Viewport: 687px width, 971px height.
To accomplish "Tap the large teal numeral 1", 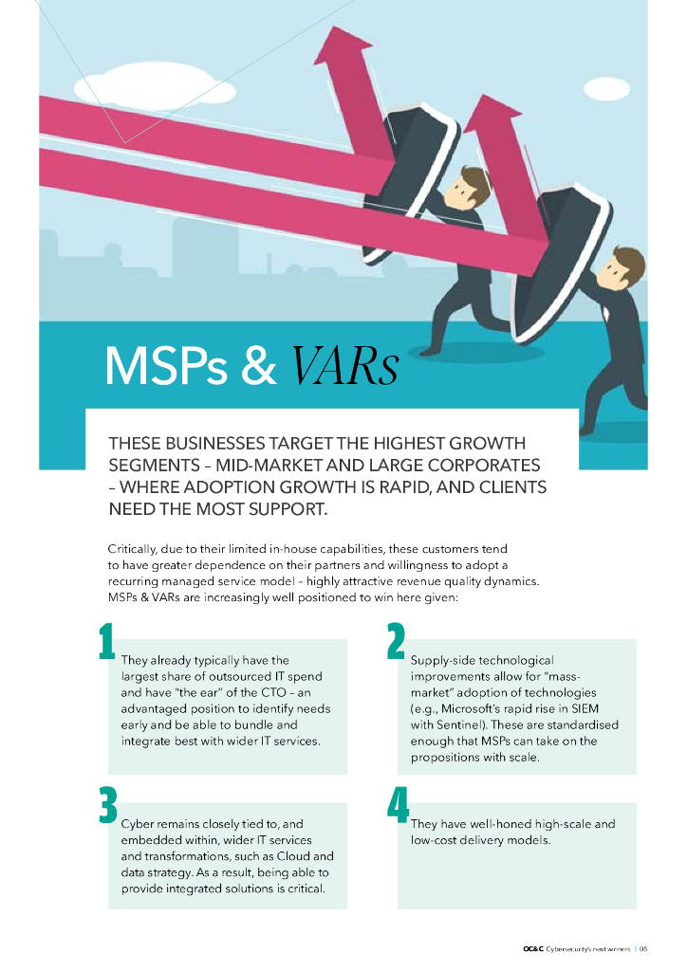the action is coord(106,643).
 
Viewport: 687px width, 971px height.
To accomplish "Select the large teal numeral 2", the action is coord(397,643).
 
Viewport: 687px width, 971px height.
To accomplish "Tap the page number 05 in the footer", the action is coord(642,948).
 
